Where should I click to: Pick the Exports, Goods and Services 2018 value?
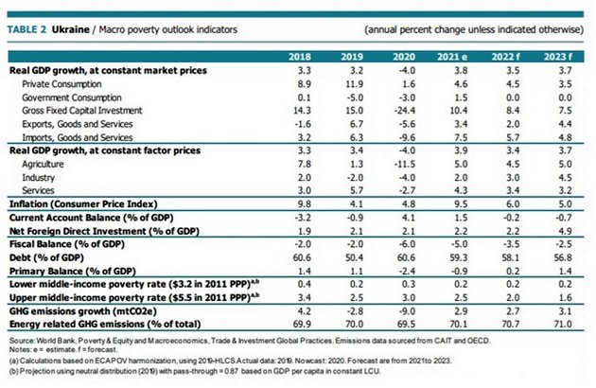point(302,123)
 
